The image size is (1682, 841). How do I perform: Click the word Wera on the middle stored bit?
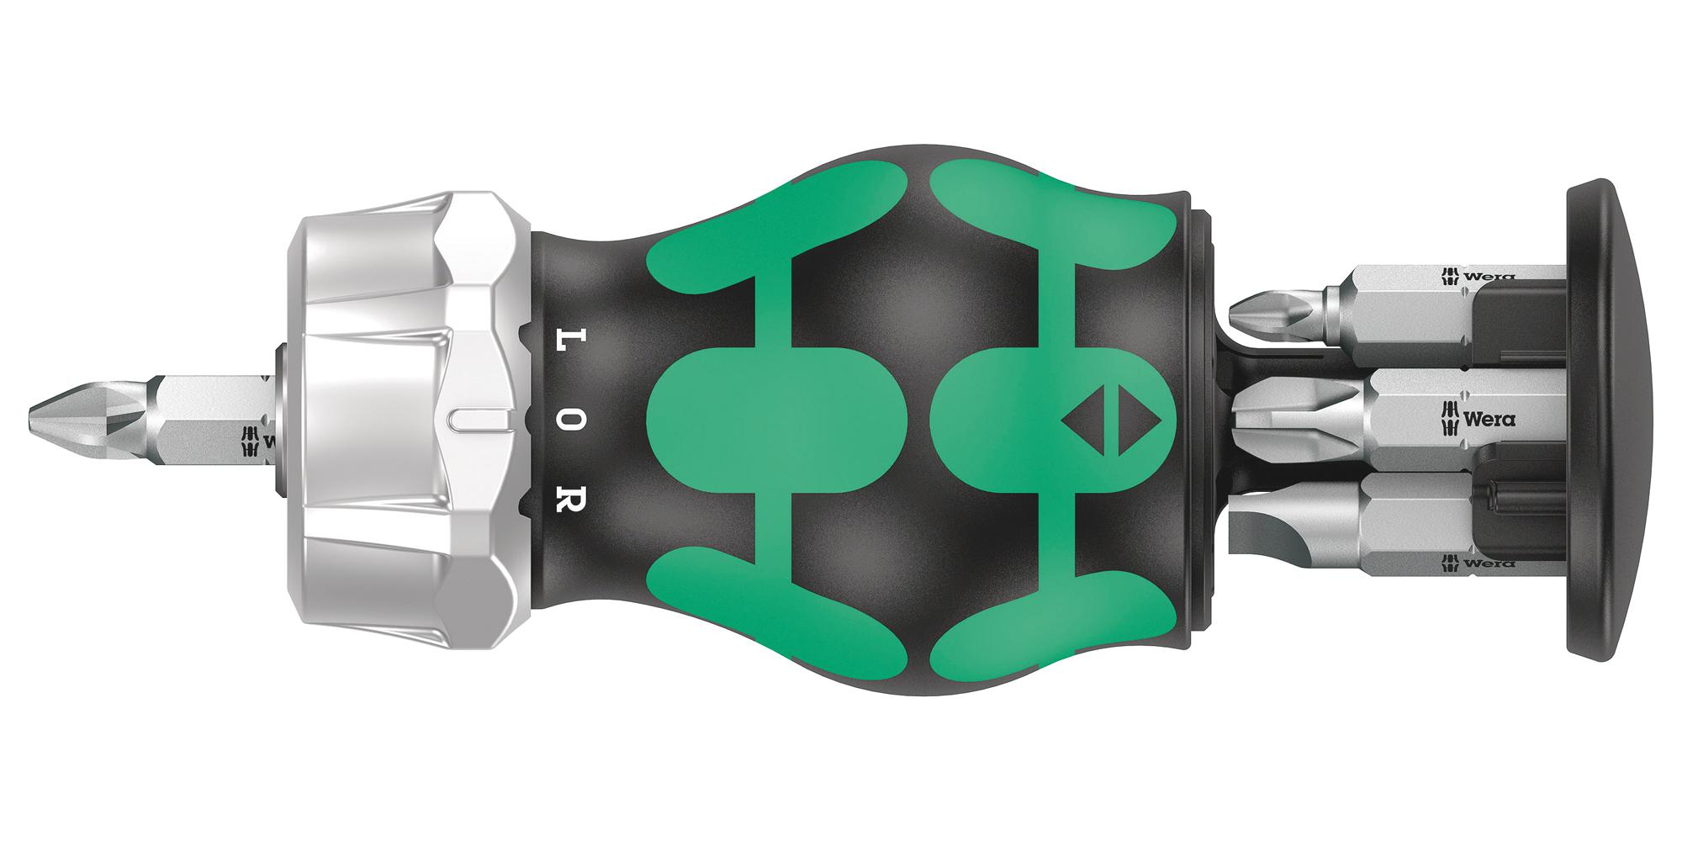coord(1489,418)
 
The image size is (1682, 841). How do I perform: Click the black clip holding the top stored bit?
coord(1518,324)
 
